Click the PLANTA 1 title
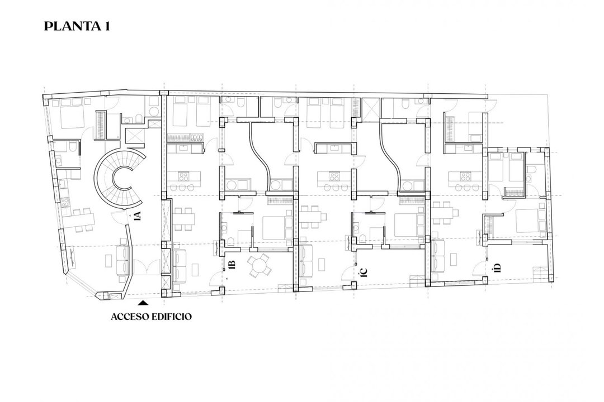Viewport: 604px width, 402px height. [x=77, y=26]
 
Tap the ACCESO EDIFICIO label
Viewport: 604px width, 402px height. [x=151, y=317]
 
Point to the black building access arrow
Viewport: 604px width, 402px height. [x=143, y=303]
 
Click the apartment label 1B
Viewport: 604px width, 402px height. [x=232, y=265]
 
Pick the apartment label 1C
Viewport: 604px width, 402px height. [x=365, y=271]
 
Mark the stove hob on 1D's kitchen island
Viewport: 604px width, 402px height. [x=465, y=176]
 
